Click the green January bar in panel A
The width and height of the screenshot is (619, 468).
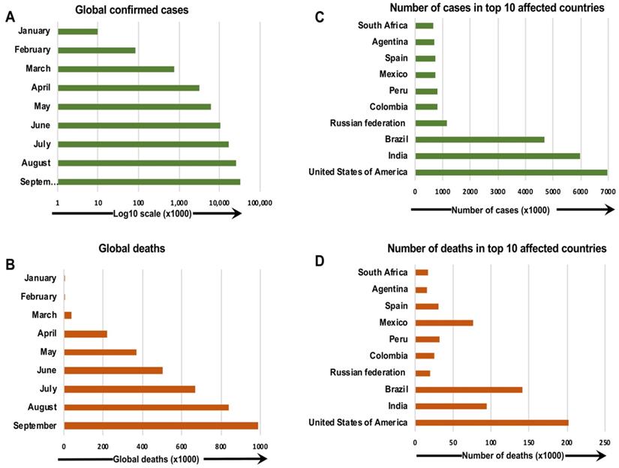coord(77,31)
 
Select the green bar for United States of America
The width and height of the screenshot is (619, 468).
coord(510,172)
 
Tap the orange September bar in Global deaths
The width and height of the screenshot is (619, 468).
coord(161,426)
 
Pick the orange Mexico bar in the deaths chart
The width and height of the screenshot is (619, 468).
coord(444,322)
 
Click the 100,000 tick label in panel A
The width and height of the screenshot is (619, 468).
coord(259,202)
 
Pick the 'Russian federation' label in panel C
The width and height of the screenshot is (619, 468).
coord(368,123)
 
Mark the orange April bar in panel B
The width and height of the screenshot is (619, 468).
coord(86,334)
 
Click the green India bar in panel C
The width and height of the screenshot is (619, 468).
coord(497,156)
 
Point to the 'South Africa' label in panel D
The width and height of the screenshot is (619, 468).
coord(383,272)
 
